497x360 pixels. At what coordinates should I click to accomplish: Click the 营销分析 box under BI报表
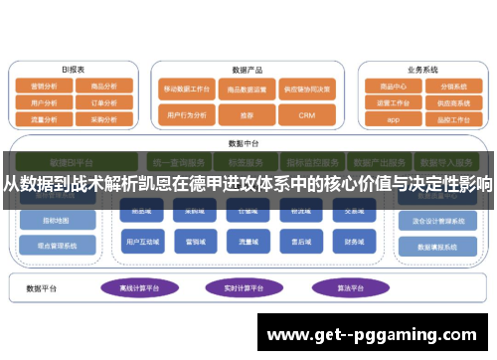click(44, 87)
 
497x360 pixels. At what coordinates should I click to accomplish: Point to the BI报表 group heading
click(74, 71)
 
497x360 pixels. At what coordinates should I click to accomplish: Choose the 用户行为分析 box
click(184, 115)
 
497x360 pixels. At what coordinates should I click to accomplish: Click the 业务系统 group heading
click(422, 71)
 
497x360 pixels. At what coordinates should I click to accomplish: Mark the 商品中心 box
click(393, 87)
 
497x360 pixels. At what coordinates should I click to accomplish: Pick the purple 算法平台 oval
click(343, 287)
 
